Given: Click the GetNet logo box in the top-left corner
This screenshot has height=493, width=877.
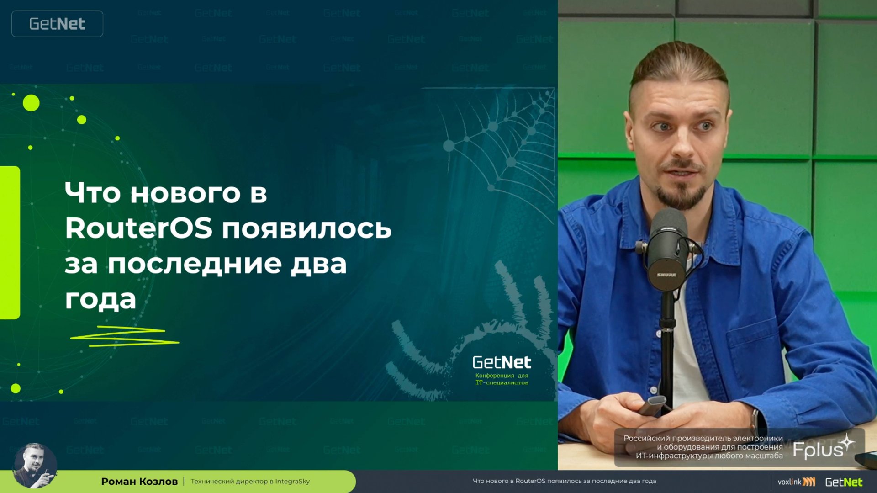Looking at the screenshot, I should [x=57, y=24].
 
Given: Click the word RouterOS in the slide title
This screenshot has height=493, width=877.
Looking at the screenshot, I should [x=138, y=228].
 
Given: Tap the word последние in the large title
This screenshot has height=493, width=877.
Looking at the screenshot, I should [x=195, y=264].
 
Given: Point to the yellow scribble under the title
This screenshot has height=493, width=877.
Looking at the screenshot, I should [x=124, y=336].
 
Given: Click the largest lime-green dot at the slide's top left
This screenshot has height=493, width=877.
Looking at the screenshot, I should [x=31, y=103].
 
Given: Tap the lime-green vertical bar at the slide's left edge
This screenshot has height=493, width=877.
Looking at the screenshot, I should [x=10, y=242].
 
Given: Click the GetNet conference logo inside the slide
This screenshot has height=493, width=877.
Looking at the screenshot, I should [x=502, y=362].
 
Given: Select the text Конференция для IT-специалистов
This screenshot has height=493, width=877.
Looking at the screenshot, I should [x=502, y=379].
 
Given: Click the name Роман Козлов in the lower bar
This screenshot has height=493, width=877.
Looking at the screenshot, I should [x=139, y=481].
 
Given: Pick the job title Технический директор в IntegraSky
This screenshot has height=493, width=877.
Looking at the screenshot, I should [x=250, y=481].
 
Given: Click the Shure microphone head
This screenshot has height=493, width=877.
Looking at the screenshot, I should [x=668, y=249].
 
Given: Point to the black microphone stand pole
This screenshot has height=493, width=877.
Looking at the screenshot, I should [x=667, y=347].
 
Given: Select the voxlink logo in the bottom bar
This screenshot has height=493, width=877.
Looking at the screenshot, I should [x=796, y=482].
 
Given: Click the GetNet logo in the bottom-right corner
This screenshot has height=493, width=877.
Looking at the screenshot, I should [x=844, y=482].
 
